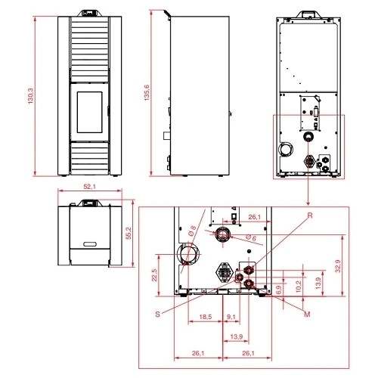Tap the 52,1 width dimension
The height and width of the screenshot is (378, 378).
coord(90,187)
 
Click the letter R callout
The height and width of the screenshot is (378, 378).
coord(310,215)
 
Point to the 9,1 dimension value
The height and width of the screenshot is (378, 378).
coord(231,318)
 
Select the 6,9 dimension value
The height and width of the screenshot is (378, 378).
coord(280,289)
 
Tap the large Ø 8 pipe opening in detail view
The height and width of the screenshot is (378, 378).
coord(187,256)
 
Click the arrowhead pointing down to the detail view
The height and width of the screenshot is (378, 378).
coord(308,201)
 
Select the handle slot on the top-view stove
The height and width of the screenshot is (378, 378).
coord(90,243)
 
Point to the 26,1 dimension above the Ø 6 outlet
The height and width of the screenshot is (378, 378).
coord(255,218)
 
